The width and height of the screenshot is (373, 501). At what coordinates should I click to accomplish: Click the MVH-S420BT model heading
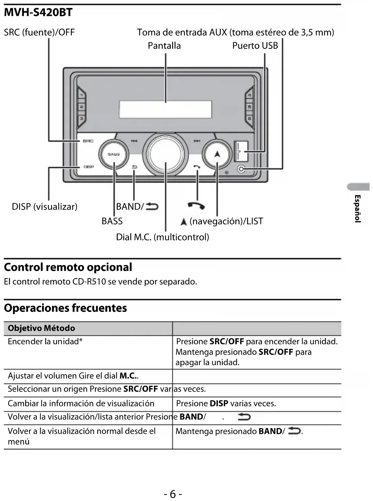[38, 13]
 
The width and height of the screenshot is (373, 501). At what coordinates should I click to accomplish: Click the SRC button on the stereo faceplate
[88, 141]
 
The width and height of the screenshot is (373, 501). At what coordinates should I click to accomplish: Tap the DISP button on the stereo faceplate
[88, 167]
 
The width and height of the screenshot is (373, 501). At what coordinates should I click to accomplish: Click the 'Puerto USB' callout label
[255, 46]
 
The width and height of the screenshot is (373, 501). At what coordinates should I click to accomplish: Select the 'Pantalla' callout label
[164, 46]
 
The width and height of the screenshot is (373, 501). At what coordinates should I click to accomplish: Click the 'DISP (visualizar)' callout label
[45, 207]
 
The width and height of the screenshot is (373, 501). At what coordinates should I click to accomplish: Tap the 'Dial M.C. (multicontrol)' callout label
[162, 237]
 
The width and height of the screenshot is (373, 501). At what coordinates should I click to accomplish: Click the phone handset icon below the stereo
[196, 205]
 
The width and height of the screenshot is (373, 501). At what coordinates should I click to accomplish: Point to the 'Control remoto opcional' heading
[68, 267]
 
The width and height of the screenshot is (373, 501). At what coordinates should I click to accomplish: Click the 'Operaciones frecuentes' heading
[65, 308]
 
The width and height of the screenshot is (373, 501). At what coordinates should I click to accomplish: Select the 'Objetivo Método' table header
[41, 328]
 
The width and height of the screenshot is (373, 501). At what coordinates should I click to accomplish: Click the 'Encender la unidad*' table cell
[45, 342]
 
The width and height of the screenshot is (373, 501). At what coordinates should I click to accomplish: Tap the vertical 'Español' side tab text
[358, 209]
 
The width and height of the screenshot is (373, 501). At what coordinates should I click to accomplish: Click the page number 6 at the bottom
[173, 494]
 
